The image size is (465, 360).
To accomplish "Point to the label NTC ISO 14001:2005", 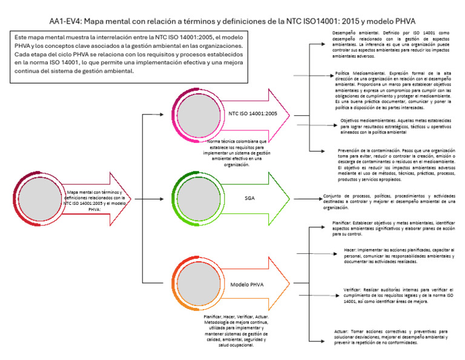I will [x=252, y=113].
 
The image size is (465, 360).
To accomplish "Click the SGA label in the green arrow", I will [x=249, y=198].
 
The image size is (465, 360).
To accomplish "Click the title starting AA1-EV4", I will [x=232, y=21].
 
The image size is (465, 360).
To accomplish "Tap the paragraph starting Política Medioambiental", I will [x=395, y=90].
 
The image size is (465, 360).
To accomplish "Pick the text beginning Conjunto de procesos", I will [x=389, y=201].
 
